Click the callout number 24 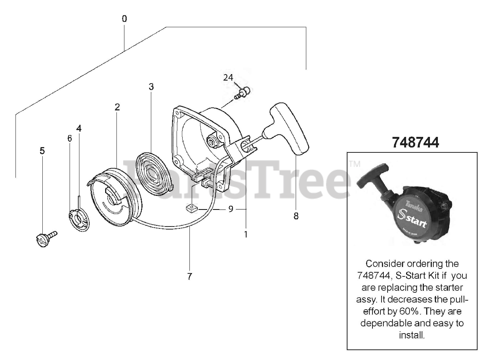228,78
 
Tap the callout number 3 151,87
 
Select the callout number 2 117,107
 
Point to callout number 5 42,151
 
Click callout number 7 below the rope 189,276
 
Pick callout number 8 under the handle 296,216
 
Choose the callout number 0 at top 124,19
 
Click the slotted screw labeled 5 45,239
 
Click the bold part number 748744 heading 416,143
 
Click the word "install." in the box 412,335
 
